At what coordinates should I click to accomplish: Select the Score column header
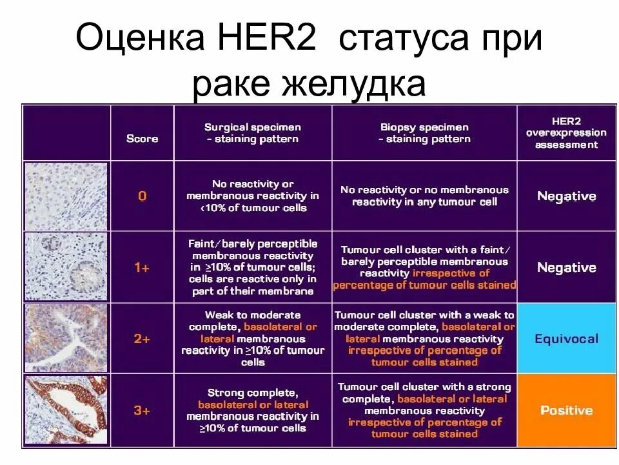pyautogui.click(x=142, y=138)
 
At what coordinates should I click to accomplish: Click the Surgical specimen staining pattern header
pyautogui.click(x=252, y=133)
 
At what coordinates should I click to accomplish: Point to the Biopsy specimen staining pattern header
pyautogui.click(x=424, y=133)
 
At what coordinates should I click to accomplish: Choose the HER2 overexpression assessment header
pyautogui.click(x=566, y=132)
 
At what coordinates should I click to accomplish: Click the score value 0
pyautogui.click(x=142, y=196)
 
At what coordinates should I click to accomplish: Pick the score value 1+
pyautogui.click(x=142, y=267)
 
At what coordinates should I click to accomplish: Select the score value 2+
pyautogui.click(x=142, y=338)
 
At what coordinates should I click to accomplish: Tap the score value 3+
pyautogui.click(x=142, y=410)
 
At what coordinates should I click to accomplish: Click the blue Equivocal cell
pyautogui.click(x=566, y=338)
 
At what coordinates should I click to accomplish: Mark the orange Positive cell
pyautogui.click(x=566, y=410)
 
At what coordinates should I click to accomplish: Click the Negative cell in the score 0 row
pyautogui.click(x=566, y=196)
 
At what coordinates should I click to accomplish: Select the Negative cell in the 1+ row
pyautogui.click(x=566, y=267)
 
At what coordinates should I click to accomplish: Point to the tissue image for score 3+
pyautogui.click(x=66, y=410)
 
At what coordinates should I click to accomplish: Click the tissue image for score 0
pyautogui.click(x=66, y=196)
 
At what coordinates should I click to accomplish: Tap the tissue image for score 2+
pyautogui.click(x=66, y=338)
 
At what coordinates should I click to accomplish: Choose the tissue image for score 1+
pyautogui.click(x=66, y=267)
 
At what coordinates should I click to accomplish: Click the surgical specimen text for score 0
pyautogui.click(x=252, y=196)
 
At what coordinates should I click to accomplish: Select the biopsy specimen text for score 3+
pyautogui.click(x=424, y=410)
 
